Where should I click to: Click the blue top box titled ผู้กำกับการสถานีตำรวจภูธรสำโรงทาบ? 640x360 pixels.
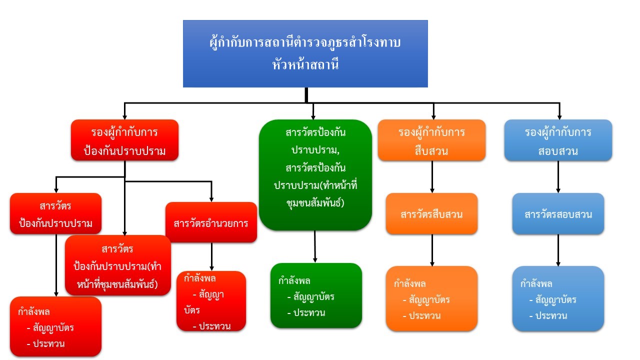[305, 53]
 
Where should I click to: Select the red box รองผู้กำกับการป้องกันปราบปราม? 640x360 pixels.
[124, 140]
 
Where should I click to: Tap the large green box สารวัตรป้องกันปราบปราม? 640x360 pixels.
[315, 174]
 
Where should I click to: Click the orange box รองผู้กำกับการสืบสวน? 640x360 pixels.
[431, 140]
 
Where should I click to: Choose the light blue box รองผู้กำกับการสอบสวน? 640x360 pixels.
[558, 140]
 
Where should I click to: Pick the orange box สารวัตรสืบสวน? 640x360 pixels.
[431, 214]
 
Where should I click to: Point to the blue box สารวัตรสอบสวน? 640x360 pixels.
[558, 214]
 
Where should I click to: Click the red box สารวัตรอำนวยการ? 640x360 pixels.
[211, 222]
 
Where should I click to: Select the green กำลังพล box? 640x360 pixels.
[316, 295]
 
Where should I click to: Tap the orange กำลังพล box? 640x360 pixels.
[431, 298]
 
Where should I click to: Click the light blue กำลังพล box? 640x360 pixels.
[558, 298]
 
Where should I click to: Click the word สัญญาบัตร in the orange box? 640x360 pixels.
[429, 300]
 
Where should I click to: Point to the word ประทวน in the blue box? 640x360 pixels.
[551, 316]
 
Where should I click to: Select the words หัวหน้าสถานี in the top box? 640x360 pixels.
[304, 64]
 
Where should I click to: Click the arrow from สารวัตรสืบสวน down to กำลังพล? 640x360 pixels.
[432, 250]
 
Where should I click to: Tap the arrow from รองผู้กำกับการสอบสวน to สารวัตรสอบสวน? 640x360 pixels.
[558, 176]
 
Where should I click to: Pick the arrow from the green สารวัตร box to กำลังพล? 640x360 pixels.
[315, 246]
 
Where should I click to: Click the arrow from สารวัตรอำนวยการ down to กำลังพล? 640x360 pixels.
[211, 256]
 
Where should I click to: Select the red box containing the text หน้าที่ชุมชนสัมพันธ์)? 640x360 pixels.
[118, 265]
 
